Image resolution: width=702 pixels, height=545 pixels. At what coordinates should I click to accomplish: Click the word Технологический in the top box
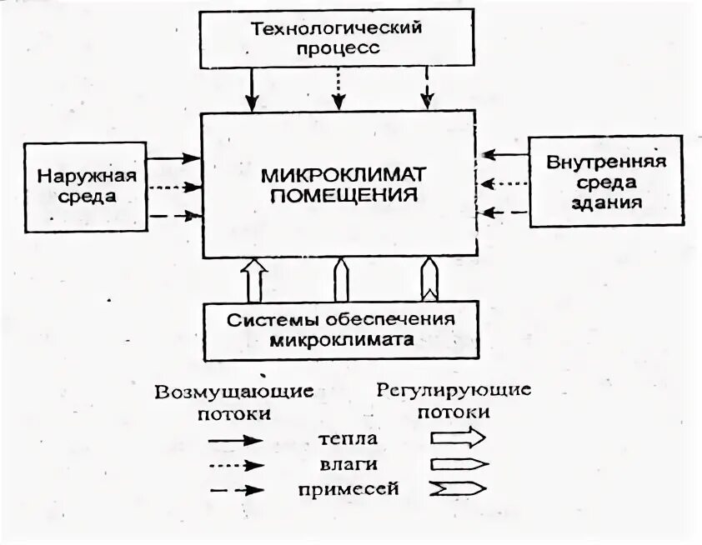click(x=337, y=28)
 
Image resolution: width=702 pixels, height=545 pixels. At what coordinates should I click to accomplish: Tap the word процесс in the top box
click(x=337, y=47)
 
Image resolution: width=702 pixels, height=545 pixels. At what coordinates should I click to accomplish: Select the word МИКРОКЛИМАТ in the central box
click(x=343, y=175)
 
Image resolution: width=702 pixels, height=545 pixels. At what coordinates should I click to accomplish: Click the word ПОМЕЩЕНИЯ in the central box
click(x=343, y=197)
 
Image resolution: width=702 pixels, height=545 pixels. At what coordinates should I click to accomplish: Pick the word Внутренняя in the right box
click(x=605, y=161)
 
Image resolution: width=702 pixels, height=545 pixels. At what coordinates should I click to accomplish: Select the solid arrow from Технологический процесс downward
click(x=251, y=89)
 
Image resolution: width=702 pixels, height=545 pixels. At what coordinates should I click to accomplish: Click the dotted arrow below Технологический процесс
click(x=338, y=89)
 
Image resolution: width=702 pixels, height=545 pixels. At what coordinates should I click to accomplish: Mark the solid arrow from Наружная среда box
click(x=175, y=157)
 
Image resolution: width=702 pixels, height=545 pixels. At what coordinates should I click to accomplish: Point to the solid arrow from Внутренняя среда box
click(x=507, y=155)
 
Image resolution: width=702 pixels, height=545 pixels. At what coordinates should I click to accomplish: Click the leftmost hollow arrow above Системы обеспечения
click(x=256, y=280)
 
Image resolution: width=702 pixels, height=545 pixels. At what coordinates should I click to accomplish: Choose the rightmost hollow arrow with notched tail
click(x=429, y=280)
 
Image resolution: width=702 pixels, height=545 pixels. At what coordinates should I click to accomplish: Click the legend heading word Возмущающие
click(x=233, y=391)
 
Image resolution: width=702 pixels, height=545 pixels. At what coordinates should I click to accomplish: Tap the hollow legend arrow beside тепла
click(x=458, y=438)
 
